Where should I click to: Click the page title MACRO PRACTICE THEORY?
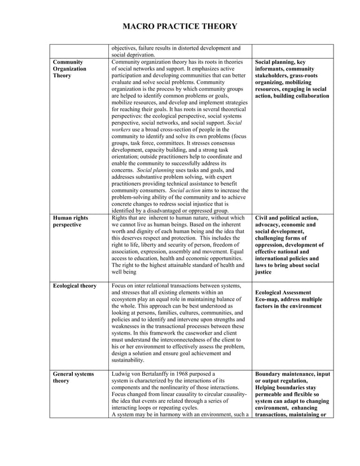pos(180,27)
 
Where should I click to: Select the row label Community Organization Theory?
pos(69,69)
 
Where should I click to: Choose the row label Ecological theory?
pos(74,286)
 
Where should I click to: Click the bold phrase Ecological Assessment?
pos(283,293)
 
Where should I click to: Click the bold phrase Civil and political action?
pos(287,218)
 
